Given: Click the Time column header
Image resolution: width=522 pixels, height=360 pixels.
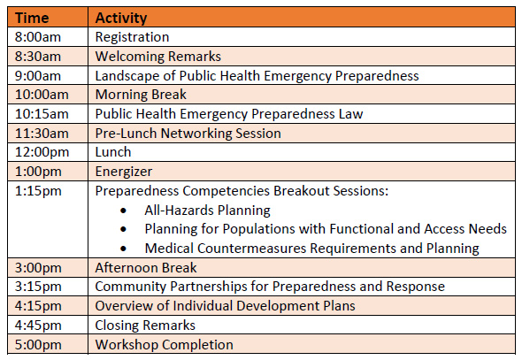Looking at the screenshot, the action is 32,18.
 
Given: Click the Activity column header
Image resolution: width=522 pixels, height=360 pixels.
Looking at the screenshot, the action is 121,18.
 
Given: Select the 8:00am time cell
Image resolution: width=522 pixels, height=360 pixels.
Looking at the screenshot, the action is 38,37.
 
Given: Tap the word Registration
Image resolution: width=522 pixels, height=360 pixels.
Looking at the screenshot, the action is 132,37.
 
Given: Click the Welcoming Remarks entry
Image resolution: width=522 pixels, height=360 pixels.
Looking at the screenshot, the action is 158,57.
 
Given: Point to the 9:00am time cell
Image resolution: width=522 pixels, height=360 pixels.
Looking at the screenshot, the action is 38,76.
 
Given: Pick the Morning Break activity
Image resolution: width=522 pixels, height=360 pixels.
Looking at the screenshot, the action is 141,95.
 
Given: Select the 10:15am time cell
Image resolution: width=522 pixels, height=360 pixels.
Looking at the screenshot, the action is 42,114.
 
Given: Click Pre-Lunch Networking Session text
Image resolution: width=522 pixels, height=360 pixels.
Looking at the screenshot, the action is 188,134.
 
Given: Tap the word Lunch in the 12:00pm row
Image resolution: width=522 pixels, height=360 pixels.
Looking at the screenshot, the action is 113,152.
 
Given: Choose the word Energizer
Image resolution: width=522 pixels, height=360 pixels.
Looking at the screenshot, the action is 124,172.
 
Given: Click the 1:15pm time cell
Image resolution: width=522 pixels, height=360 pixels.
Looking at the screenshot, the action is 38,191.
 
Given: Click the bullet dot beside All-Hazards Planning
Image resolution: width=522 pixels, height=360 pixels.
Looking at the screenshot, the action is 124,211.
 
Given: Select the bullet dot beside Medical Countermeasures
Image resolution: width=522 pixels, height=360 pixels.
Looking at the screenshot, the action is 124,249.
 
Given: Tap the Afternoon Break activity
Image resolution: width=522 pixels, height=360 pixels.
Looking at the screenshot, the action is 146,268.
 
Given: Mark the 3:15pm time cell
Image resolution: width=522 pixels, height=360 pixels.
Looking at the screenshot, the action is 38,287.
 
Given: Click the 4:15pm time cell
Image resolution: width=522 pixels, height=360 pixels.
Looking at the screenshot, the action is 38,306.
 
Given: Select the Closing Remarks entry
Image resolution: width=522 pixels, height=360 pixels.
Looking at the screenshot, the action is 145,326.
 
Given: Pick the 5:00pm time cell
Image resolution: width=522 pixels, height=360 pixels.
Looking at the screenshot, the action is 38,345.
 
